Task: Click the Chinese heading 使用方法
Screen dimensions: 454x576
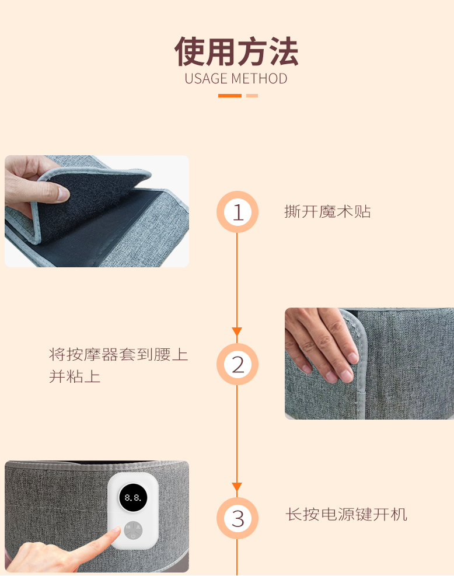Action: (236, 51)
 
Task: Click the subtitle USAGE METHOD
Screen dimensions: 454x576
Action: (236, 79)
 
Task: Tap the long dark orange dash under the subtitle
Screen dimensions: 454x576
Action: (229, 96)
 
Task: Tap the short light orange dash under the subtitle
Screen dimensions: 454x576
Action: (252, 96)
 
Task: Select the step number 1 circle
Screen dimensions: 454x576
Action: (238, 212)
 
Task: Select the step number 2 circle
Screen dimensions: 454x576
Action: (238, 364)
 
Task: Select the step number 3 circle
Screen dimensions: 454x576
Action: (238, 518)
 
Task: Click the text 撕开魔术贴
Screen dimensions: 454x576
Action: (327, 212)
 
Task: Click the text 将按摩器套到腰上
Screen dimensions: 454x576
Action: (118, 354)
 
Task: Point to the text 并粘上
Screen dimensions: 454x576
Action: (75, 376)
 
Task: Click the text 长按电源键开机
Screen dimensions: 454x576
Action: (347, 514)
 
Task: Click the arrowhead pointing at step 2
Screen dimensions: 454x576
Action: (237, 331)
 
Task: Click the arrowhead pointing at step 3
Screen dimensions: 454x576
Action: (237, 487)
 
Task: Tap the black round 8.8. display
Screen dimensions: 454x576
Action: (133, 497)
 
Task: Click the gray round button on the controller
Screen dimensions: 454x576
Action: (133, 530)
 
